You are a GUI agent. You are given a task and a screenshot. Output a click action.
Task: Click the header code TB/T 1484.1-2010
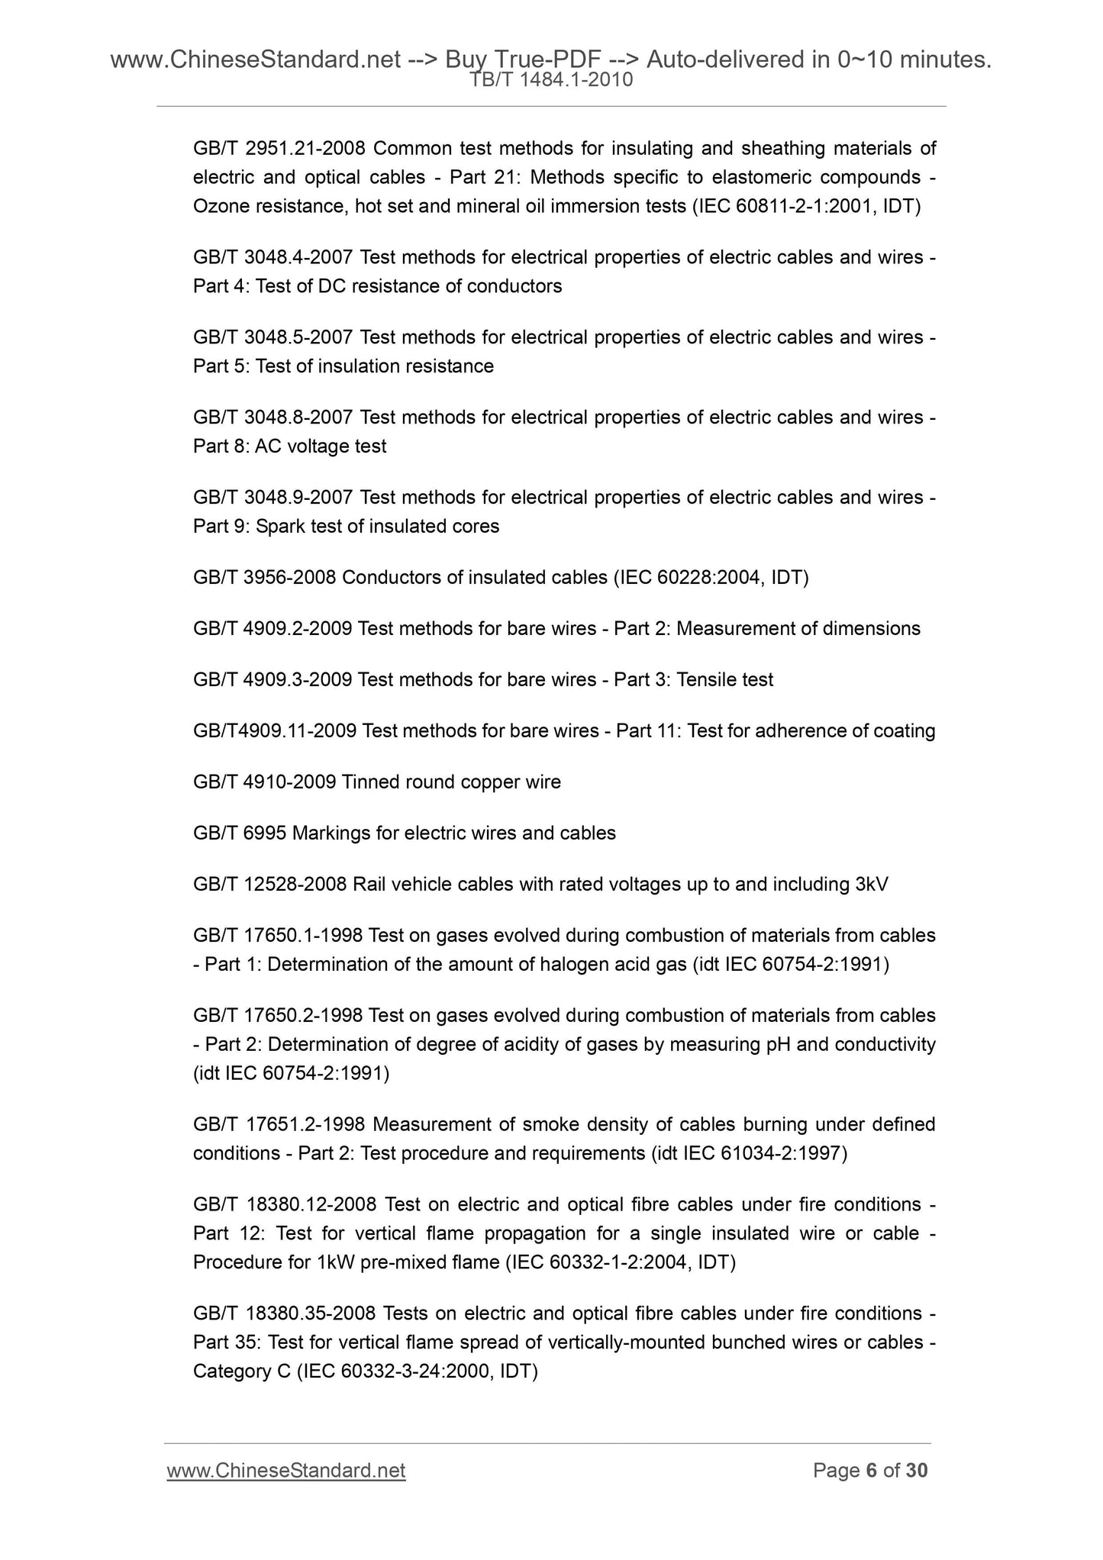(551, 80)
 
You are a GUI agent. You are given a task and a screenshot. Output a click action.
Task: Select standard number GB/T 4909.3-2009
(273, 680)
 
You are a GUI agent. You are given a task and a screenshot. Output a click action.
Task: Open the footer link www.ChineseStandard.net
(285, 1471)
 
